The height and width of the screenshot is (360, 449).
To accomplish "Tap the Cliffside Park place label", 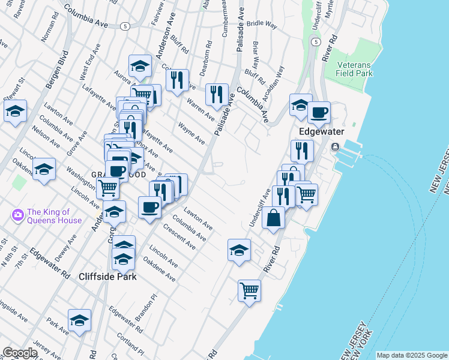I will tap(108, 277).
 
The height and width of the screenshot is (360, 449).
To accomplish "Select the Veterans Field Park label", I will tap(355, 69).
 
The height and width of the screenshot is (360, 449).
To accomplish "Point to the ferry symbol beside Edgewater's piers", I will tap(335, 147).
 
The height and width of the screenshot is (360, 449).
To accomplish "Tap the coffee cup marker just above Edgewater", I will tap(319, 112).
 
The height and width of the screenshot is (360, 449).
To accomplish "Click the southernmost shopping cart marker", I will tap(249, 291).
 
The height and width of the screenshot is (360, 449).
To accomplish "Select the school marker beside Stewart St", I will tap(15, 110).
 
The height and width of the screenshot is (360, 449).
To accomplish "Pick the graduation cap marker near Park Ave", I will tap(79, 320).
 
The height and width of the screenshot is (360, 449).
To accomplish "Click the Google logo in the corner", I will tap(19, 353).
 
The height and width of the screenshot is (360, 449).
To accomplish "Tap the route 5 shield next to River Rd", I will tap(315, 41).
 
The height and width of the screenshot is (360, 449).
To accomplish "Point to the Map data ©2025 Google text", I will tap(411, 355).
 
